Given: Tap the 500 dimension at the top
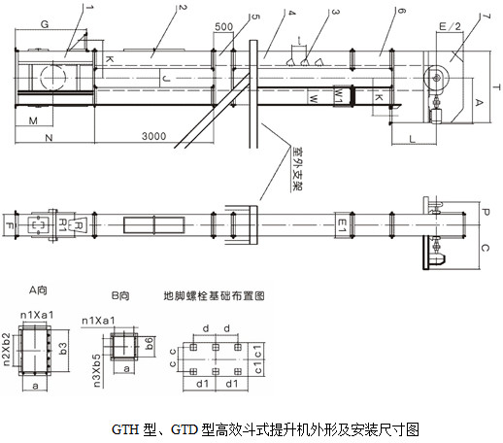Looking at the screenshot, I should [x=221, y=26].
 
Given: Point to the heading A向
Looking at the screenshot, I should [x=40, y=290].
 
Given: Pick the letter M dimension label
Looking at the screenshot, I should [x=32, y=120].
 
